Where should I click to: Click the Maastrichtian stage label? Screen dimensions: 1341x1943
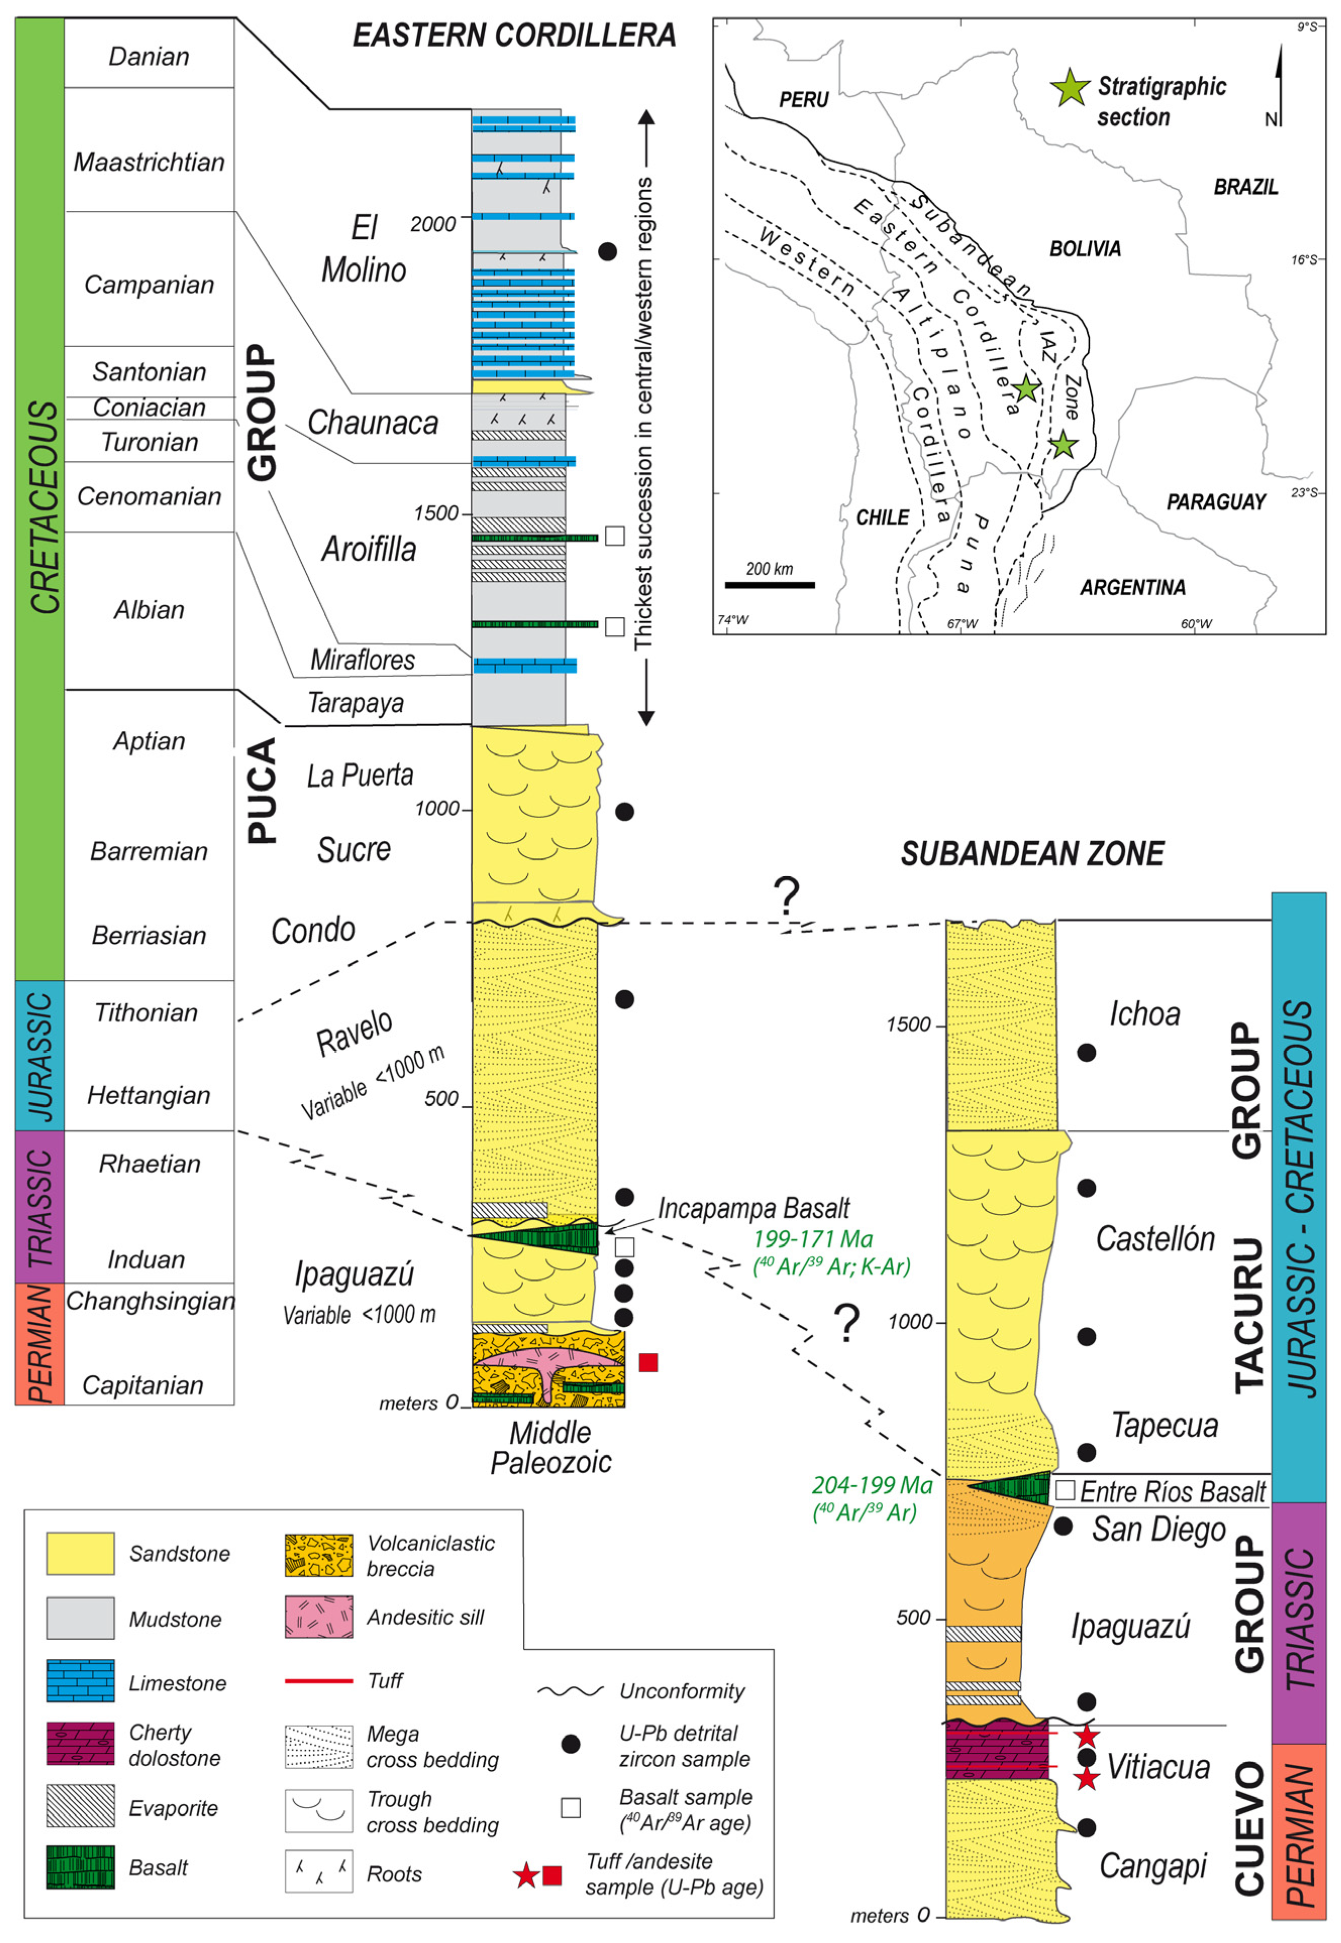pos(149,161)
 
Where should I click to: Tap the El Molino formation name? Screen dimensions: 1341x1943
pos(364,249)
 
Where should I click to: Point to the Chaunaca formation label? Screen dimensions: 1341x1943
pos(373,423)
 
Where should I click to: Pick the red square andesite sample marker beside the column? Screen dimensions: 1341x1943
pos(648,1362)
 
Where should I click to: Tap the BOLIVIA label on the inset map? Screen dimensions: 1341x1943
pos(1085,249)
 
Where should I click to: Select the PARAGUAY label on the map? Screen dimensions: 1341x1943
pos(1216,502)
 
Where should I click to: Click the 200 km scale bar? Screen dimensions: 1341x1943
pos(770,584)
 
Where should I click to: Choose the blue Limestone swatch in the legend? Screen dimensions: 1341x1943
pos(81,1681)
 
